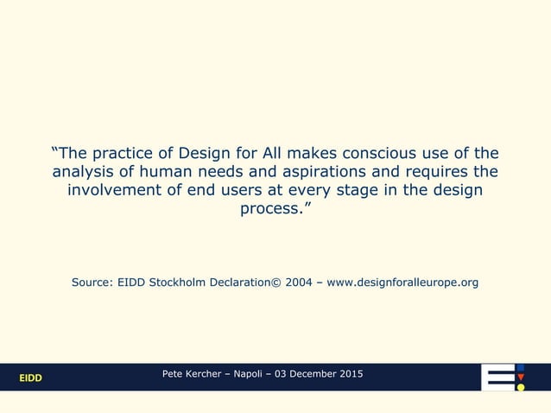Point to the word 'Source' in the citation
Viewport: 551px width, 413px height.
(x=92, y=283)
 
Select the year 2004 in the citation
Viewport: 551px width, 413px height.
(x=301, y=283)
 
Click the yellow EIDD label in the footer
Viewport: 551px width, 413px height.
(x=31, y=378)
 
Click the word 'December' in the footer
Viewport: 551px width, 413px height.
(x=313, y=373)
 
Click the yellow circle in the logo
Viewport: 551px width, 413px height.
(x=520, y=387)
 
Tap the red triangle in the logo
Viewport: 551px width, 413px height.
(x=520, y=377)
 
